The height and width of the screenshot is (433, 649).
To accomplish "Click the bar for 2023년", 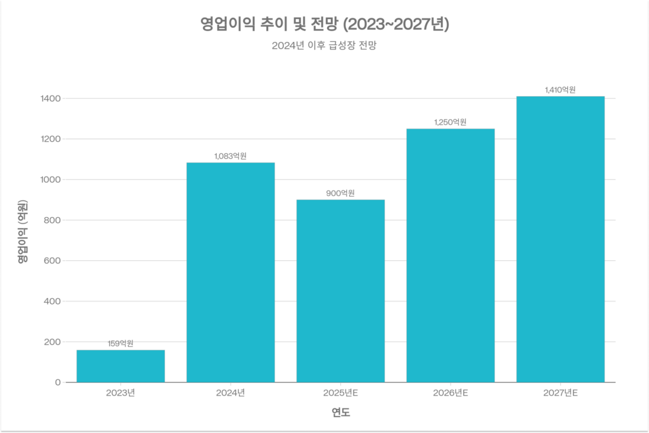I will point(120,366).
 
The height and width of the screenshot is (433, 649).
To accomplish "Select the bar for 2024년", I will point(231,272).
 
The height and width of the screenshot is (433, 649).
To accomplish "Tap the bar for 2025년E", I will point(340,291).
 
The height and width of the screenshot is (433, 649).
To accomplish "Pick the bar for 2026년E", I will point(450,255).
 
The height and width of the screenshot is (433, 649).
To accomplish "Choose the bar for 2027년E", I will point(560,239).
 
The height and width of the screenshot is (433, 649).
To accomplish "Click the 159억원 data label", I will point(120,344).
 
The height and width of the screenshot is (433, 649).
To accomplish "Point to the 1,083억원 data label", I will point(231,156).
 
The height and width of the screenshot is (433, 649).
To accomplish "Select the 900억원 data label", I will point(340,193).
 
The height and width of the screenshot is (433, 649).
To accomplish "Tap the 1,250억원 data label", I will point(450,122).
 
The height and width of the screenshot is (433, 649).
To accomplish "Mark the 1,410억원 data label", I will point(560,90).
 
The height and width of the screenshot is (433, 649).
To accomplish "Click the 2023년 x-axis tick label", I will point(120,393).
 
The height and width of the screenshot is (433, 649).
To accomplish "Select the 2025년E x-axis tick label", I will point(340,393).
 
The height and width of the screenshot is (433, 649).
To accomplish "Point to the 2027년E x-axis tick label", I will point(560,393).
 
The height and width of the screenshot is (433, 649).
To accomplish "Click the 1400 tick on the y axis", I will point(51,99).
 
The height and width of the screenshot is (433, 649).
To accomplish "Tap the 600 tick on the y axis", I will point(53,261).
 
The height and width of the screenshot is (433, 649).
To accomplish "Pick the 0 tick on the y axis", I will point(58,382).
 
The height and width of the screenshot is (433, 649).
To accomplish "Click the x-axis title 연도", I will point(340,413).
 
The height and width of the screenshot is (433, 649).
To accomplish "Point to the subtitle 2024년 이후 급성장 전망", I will point(324,46).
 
